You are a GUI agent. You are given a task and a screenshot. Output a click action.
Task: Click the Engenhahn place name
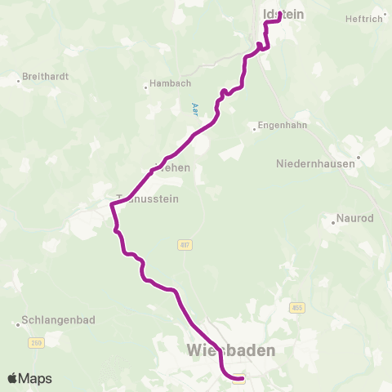click(280, 126)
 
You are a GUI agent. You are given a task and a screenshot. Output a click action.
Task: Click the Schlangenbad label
click(55, 323)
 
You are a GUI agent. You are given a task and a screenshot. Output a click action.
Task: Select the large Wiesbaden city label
click(231, 350)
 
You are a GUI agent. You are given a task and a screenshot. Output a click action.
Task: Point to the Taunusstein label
click(147, 198)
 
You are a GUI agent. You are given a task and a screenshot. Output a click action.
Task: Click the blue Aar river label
click(194, 108)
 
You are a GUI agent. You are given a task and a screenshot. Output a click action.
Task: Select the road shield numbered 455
click(296, 306)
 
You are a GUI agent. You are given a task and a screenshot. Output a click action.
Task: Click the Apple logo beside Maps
click(12, 378)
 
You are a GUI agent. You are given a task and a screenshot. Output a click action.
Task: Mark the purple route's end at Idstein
click(279, 13)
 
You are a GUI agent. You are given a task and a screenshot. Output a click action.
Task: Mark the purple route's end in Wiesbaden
click(238, 377)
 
